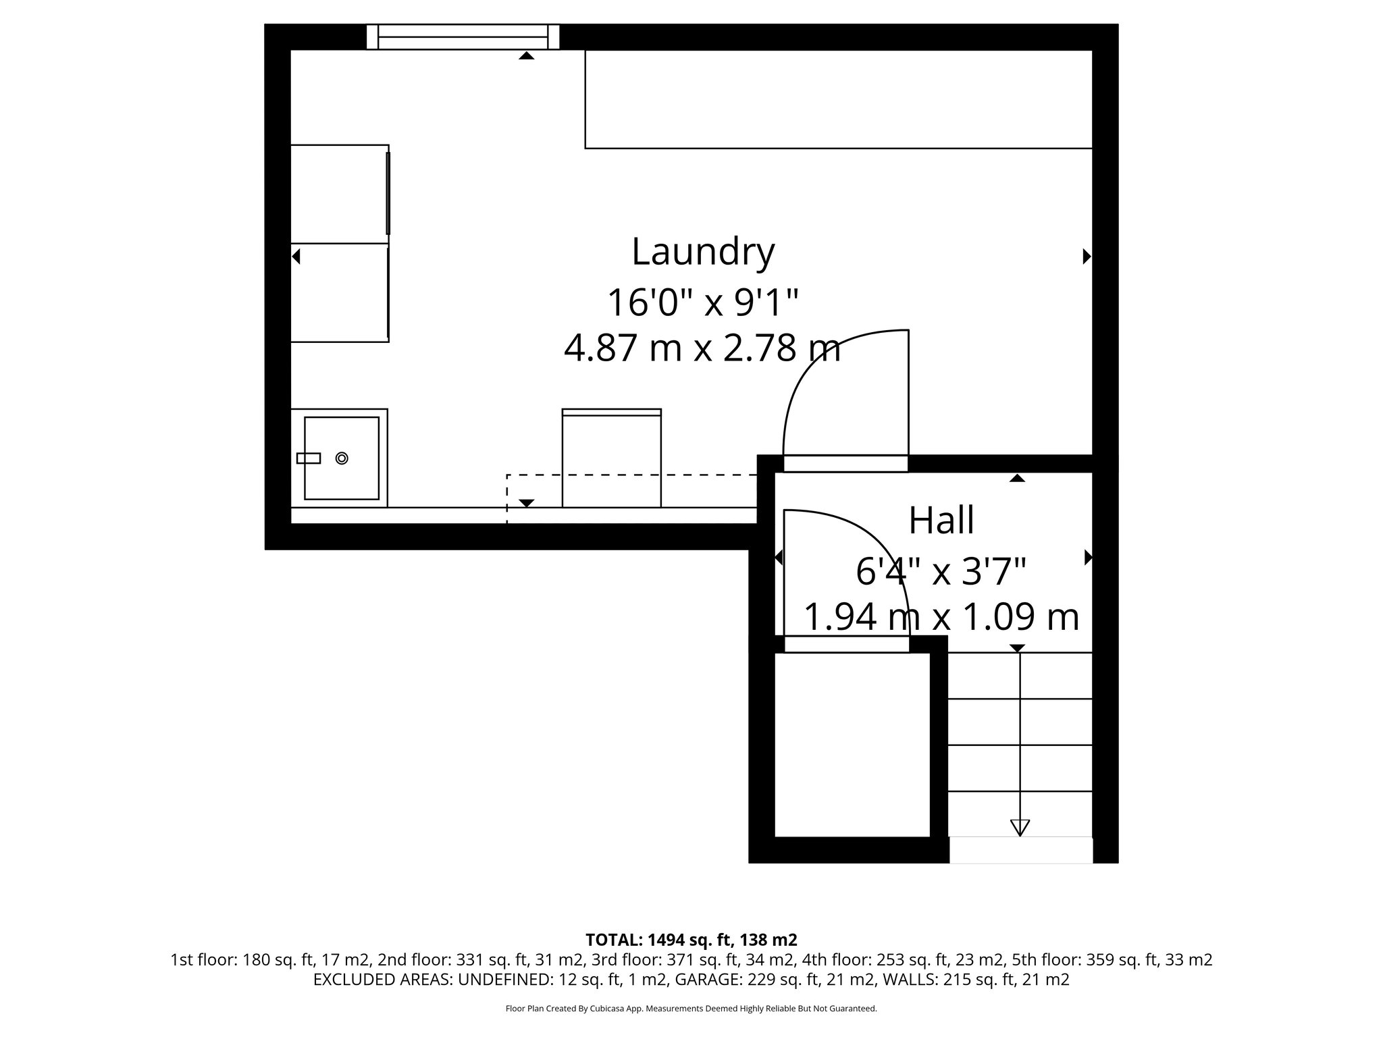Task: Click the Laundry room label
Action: pyautogui.click(x=702, y=252)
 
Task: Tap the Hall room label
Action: pyautogui.click(x=941, y=521)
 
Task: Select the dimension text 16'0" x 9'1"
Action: pyautogui.click(x=702, y=302)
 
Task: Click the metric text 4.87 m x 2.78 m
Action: pyautogui.click(x=702, y=349)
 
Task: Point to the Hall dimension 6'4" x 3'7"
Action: pyautogui.click(x=941, y=572)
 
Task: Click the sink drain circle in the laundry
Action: pyautogui.click(x=342, y=458)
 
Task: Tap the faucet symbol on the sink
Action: pyautogui.click(x=309, y=458)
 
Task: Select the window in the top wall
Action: pyautogui.click(x=463, y=36)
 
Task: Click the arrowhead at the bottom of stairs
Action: pyautogui.click(x=1019, y=827)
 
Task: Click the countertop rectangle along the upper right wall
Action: pyautogui.click(x=837, y=99)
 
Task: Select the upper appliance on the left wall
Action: pyautogui.click(x=339, y=194)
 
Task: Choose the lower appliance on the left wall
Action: pyautogui.click(x=339, y=292)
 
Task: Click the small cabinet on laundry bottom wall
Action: pyautogui.click(x=611, y=459)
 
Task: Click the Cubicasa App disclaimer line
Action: pyautogui.click(x=691, y=1009)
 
